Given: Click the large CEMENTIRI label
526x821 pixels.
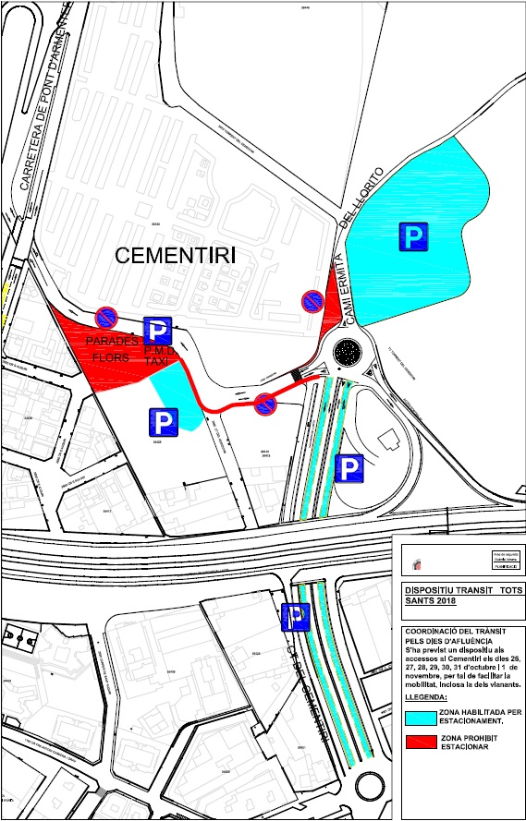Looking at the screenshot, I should coord(175,256).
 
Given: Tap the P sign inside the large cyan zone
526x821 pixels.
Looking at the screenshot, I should coord(414,238).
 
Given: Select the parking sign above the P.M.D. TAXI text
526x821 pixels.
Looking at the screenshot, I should coord(157,329).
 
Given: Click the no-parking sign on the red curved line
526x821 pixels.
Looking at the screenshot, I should coord(265,403).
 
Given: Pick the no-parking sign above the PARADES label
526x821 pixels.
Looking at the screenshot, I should coord(106,317).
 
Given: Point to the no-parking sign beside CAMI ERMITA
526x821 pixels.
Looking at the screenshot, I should coord(312,301).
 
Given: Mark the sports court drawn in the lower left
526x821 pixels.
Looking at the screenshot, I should coord(19,636).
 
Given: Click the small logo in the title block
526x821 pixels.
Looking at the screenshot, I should coord(412,561).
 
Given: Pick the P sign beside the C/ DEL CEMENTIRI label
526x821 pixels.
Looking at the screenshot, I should coord(296,615).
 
